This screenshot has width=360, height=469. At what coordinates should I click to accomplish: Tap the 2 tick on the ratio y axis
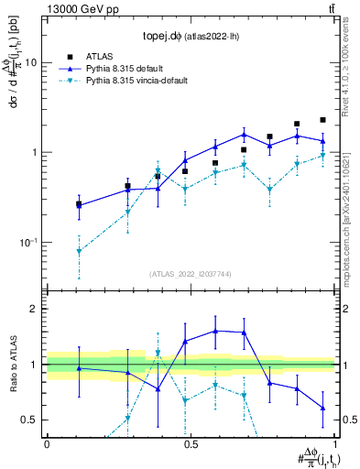tap(34, 309)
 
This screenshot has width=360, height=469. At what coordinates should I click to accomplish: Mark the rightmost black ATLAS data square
tap(322, 120)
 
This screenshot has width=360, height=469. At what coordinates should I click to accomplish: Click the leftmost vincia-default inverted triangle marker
tap(79, 251)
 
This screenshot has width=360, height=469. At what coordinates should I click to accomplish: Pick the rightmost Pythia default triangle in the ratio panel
tap(322, 409)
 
